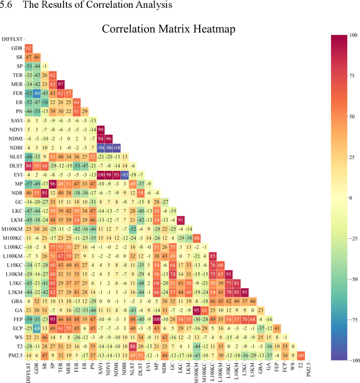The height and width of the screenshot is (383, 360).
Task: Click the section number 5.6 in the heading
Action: click(x=8, y=5)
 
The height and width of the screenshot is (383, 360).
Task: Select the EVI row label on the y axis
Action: click(x=18, y=174)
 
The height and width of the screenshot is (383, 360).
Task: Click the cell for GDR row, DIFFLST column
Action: click(x=28, y=48)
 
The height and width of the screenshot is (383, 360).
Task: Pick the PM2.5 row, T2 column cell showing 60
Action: click(x=302, y=355)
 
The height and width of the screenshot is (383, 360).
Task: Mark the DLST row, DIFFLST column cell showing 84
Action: click(x=28, y=165)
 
